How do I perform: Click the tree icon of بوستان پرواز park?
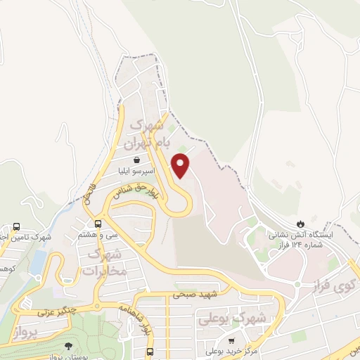tap(67, 345)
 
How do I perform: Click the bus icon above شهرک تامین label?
tap(15, 227)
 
